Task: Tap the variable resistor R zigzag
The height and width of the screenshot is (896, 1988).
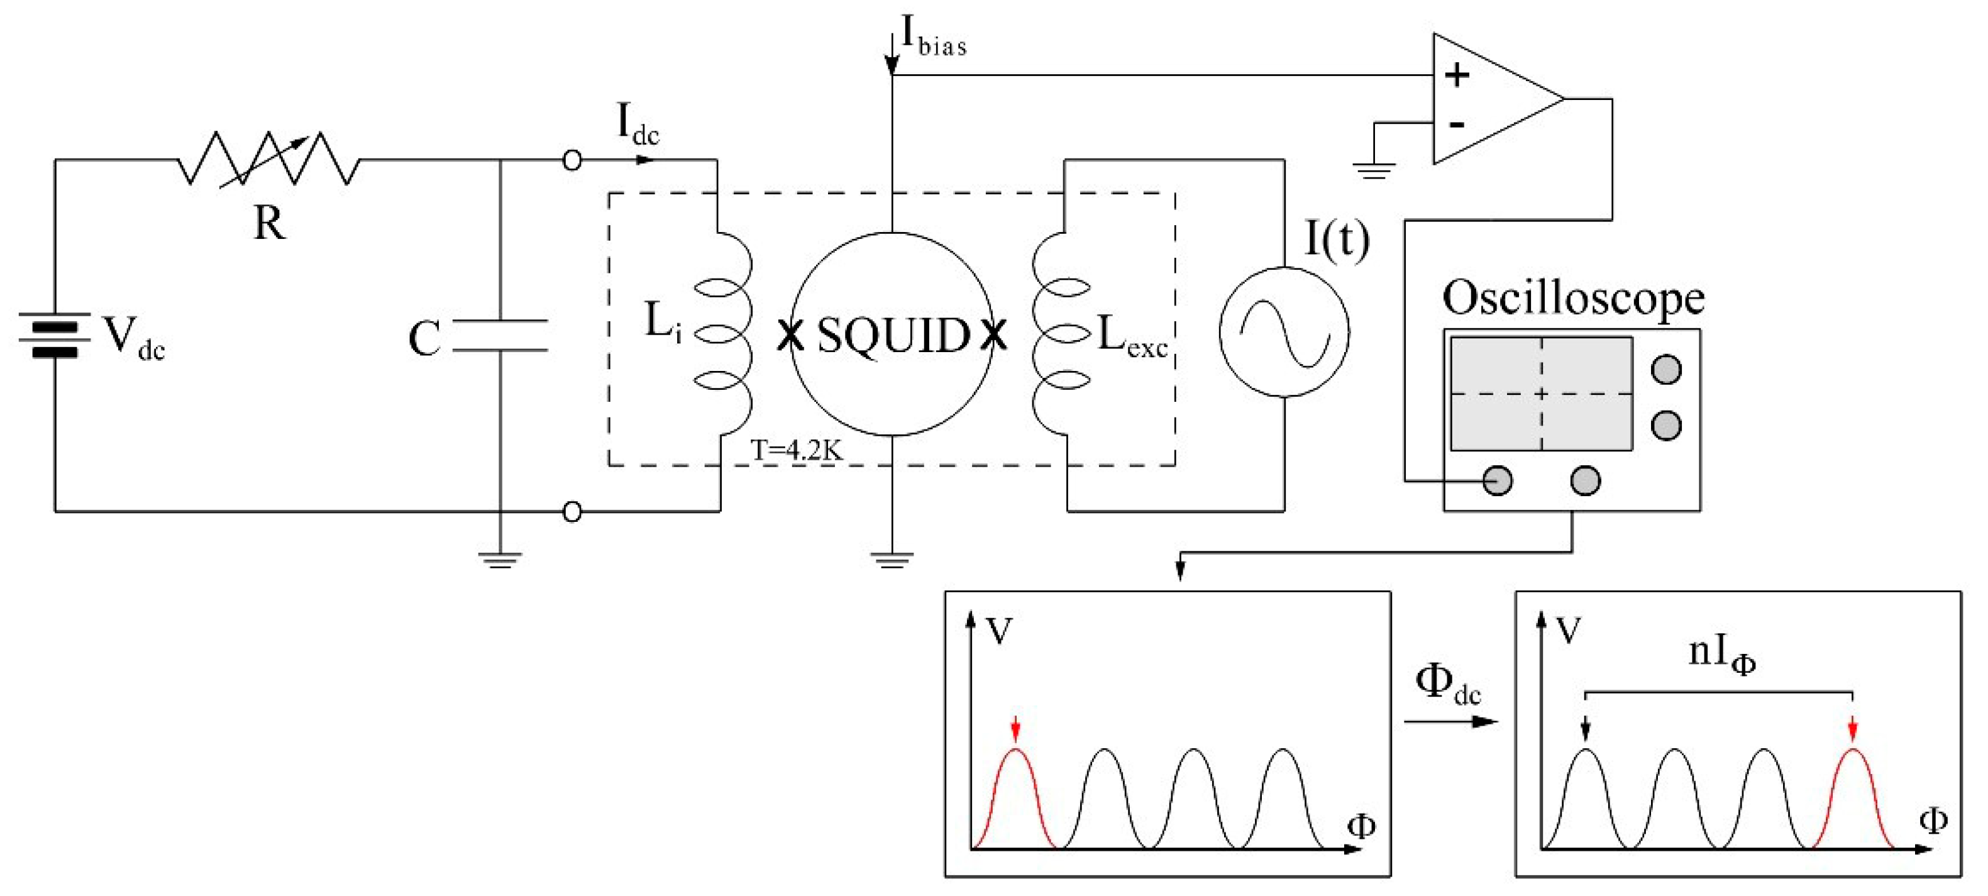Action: point(268,160)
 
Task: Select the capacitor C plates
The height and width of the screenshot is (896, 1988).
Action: point(500,336)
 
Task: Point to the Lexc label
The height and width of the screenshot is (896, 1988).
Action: point(1131,337)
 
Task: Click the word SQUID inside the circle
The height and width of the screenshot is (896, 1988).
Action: point(893,336)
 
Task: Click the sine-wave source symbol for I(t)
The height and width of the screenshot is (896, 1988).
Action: point(1284,333)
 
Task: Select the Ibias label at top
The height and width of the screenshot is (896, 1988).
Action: point(933,37)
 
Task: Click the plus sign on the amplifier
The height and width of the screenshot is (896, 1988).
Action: point(1456,75)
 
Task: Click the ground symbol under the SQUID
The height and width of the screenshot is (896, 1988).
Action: point(892,560)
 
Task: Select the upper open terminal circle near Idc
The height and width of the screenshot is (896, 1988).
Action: point(572,160)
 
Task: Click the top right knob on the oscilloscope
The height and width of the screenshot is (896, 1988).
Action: point(1666,370)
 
